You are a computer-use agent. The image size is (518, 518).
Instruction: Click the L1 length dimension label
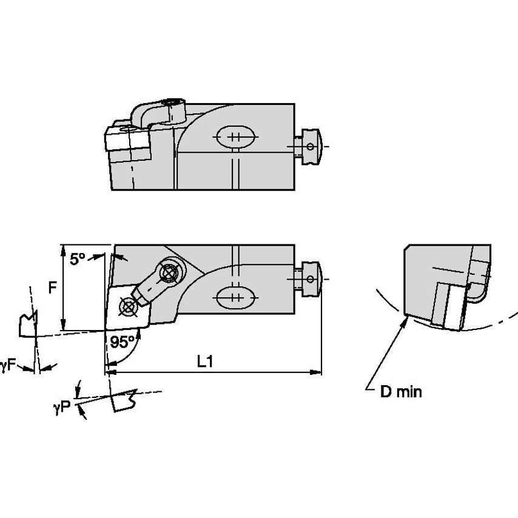pyautogui.click(x=206, y=361)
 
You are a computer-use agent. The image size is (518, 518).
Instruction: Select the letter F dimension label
pyautogui.click(x=53, y=286)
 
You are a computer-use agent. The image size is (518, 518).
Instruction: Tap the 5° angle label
pyautogui.click(x=77, y=259)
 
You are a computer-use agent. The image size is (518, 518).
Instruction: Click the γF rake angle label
pyautogui.click(x=8, y=365)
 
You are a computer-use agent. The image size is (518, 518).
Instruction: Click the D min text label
pyautogui.click(x=400, y=392)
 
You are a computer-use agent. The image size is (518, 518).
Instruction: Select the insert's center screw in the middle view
pyautogui.click(x=127, y=307)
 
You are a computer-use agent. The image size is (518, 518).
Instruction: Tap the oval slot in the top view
pyautogui.click(x=232, y=136)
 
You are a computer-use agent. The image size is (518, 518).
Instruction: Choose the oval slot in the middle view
pyautogui.click(x=232, y=297)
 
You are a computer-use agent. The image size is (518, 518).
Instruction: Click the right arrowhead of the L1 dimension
pyautogui.click(x=320, y=371)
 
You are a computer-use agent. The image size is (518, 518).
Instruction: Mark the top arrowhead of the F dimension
pyautogui.click(x=62, y=247)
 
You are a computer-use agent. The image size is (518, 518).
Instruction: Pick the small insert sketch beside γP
pyautogui.click(x=124, y=402)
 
